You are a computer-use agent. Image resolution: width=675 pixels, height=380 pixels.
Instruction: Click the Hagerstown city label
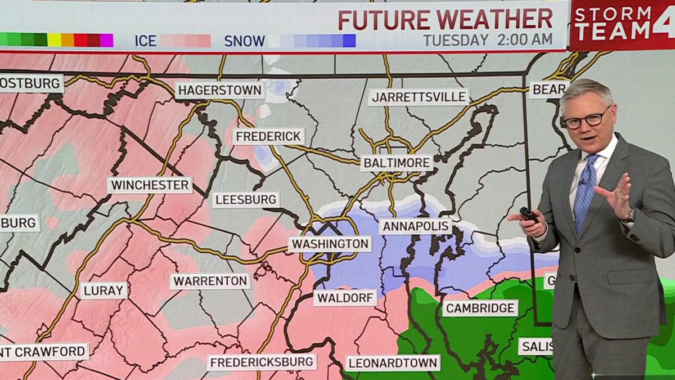219,90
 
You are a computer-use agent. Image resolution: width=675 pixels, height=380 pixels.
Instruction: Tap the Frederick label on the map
269,136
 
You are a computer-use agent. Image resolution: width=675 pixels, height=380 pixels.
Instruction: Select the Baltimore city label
397,163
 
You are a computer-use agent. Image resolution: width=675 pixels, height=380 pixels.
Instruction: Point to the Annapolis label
415,226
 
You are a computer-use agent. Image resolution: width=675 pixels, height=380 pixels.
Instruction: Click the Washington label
330,244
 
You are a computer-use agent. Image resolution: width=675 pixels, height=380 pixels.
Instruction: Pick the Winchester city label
150,185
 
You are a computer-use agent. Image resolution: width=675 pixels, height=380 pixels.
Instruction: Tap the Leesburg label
246,200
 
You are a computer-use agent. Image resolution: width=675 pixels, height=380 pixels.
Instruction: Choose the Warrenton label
210,281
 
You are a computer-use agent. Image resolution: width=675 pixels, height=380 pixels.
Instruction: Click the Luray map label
104,290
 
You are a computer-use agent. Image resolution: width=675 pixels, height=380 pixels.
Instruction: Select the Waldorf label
345,297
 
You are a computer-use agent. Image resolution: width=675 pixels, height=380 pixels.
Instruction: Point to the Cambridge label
480,308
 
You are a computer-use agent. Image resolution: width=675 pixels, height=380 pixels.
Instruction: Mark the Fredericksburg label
262,362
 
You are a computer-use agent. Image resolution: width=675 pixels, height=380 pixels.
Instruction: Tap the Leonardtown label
393,363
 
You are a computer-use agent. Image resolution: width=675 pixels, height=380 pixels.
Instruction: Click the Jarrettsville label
418,97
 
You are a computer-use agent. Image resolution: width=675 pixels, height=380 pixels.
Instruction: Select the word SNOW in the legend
244,41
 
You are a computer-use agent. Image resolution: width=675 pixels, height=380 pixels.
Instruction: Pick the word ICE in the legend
145,41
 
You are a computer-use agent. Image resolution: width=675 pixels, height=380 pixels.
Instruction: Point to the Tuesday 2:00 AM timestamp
488,40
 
